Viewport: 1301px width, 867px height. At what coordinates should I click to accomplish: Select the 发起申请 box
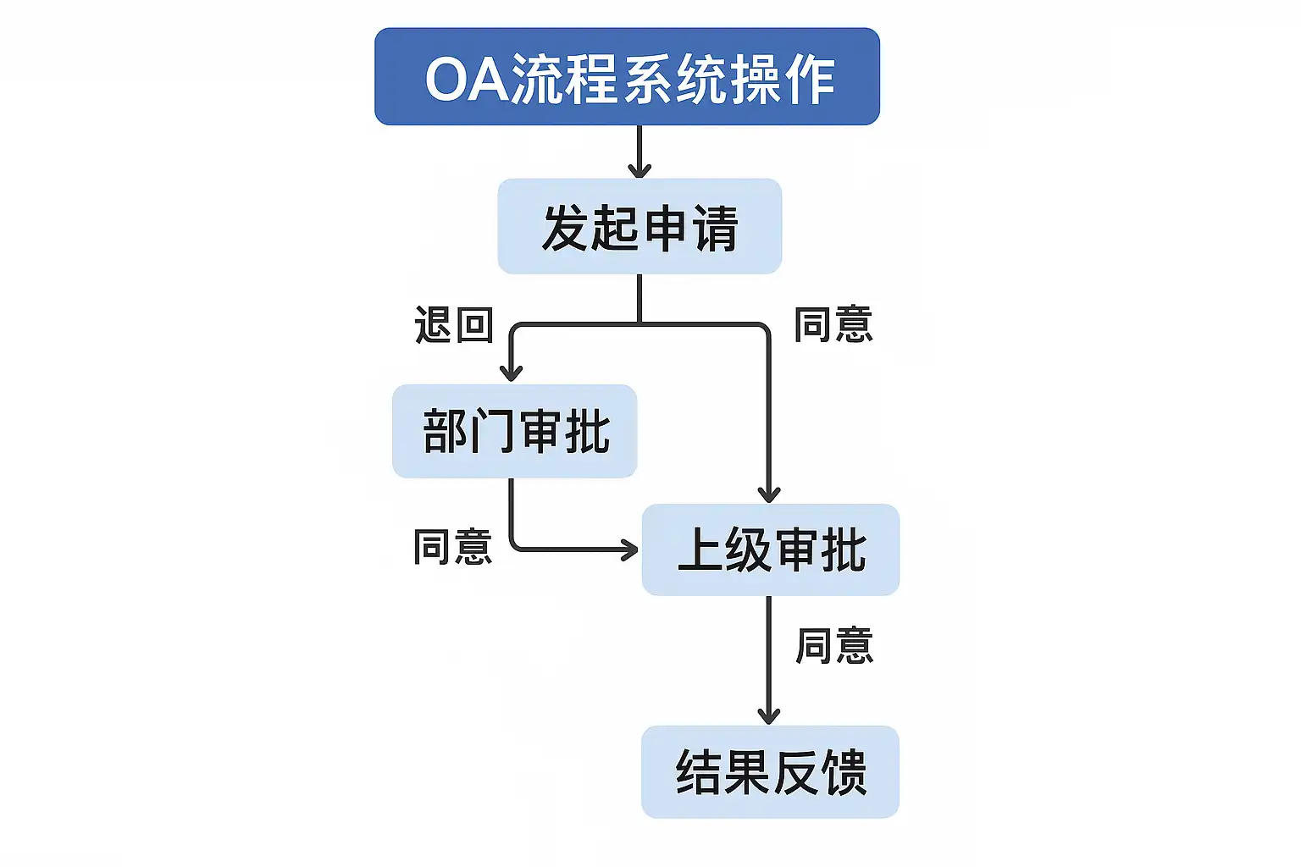(x=639, y=226)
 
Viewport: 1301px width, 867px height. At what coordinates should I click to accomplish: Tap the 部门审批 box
(x=514, y=431)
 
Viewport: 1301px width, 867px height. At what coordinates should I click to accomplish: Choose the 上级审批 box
(x=770, y=549)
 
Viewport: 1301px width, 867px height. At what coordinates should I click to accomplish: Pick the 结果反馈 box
(x=770, y=771)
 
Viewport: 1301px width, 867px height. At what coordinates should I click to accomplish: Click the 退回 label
(x=453, y=325)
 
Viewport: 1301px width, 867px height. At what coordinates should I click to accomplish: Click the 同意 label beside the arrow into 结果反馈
(x=834, y=646)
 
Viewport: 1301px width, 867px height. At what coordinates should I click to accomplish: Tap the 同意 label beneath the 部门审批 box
(x=452, y=547)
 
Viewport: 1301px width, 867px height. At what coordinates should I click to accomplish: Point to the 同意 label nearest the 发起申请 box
(x=833, y=325)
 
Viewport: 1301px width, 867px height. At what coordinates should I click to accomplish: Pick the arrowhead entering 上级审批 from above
(x=769, y=494)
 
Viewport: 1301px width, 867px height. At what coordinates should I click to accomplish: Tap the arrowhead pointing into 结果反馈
(x=769, y=716)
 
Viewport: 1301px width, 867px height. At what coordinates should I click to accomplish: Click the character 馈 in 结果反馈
(x=843, y=771)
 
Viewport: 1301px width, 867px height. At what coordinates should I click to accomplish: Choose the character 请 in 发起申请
(x=716, y=228)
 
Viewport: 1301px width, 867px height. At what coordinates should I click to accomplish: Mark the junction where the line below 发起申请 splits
(x=639, y=323)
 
